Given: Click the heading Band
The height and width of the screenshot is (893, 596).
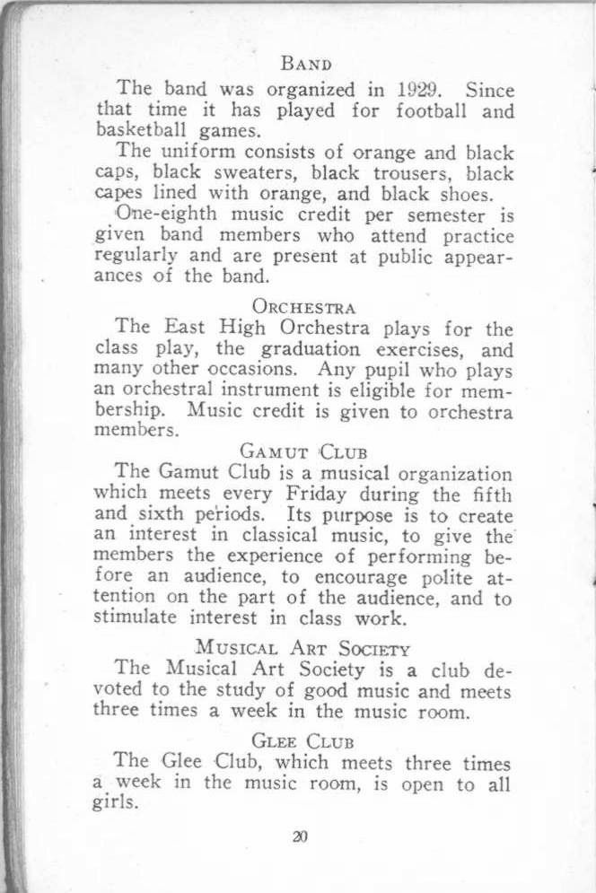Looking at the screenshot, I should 307,64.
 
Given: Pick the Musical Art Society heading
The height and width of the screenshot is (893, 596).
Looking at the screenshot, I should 303,649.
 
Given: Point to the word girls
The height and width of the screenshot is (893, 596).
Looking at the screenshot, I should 117,804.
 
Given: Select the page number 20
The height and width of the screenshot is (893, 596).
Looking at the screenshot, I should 300,836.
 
